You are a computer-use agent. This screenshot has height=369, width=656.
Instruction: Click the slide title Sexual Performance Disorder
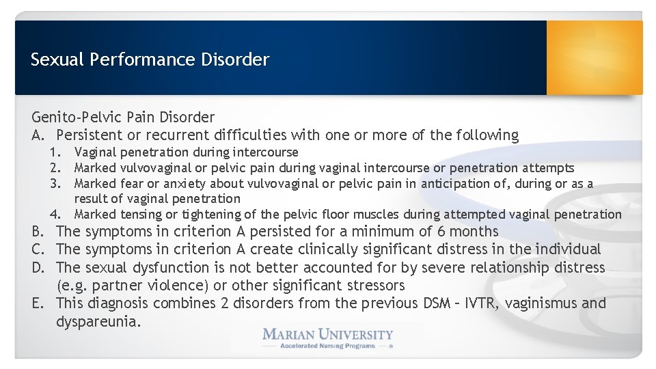(x=150, y=59)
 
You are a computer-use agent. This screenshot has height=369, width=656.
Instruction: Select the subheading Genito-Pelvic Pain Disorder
(x=123, y=118)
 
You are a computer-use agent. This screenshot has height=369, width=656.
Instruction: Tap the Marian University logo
(x=327, y=335)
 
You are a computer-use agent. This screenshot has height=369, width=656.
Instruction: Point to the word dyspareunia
(x=98, y=321)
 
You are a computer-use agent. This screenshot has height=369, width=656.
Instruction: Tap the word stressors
(x=374, y=285)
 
